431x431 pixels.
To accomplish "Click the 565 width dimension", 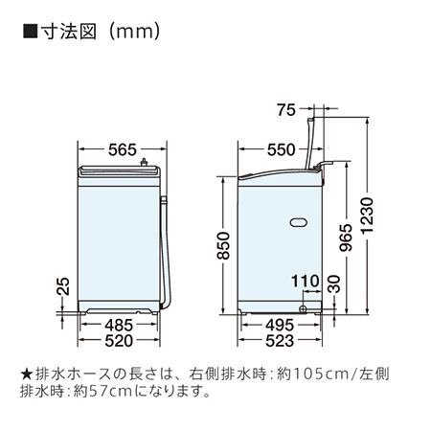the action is tap(123, 149).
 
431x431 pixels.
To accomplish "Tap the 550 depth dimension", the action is tap(281, 149).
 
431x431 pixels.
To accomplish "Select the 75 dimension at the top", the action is tap(286, 110).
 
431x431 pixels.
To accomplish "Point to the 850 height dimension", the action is tap(223, 245).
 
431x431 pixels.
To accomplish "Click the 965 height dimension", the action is tap(346, 238).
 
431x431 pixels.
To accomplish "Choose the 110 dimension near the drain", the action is tap(305, 281).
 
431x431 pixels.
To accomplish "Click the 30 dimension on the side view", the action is tap(334, 284).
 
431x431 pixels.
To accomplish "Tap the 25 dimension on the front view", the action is tap(62, 285).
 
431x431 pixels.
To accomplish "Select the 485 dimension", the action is tap(119, 326).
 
